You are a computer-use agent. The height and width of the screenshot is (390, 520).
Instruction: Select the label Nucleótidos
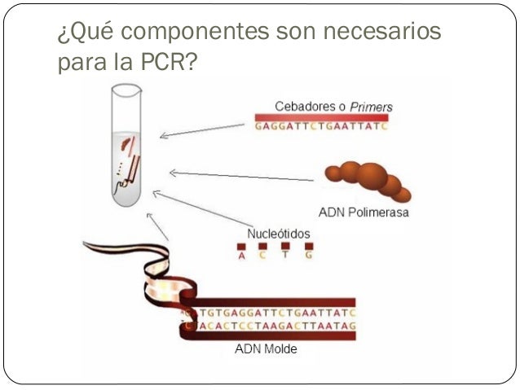(x=279, y=233)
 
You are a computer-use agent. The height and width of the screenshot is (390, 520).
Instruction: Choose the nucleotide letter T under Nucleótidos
(x=286, y=256)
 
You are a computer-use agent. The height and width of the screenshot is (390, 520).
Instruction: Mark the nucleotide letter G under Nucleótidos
(x=308, y=256)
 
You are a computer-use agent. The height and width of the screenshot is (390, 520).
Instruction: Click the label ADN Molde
(x=266, y=350)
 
